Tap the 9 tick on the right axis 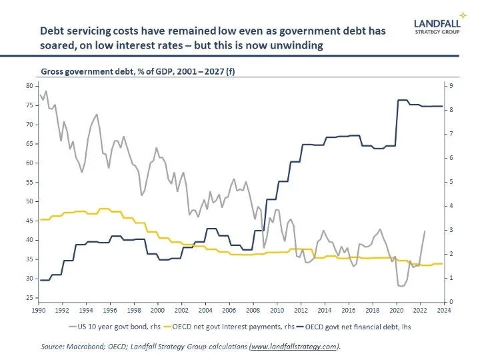point(452,86)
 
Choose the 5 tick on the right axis point(452,182)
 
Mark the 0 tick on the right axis point(452,302)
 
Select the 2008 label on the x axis point(253,311)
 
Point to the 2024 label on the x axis point(443,311)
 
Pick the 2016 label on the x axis point(348,311)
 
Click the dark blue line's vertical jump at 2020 point(397,123)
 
